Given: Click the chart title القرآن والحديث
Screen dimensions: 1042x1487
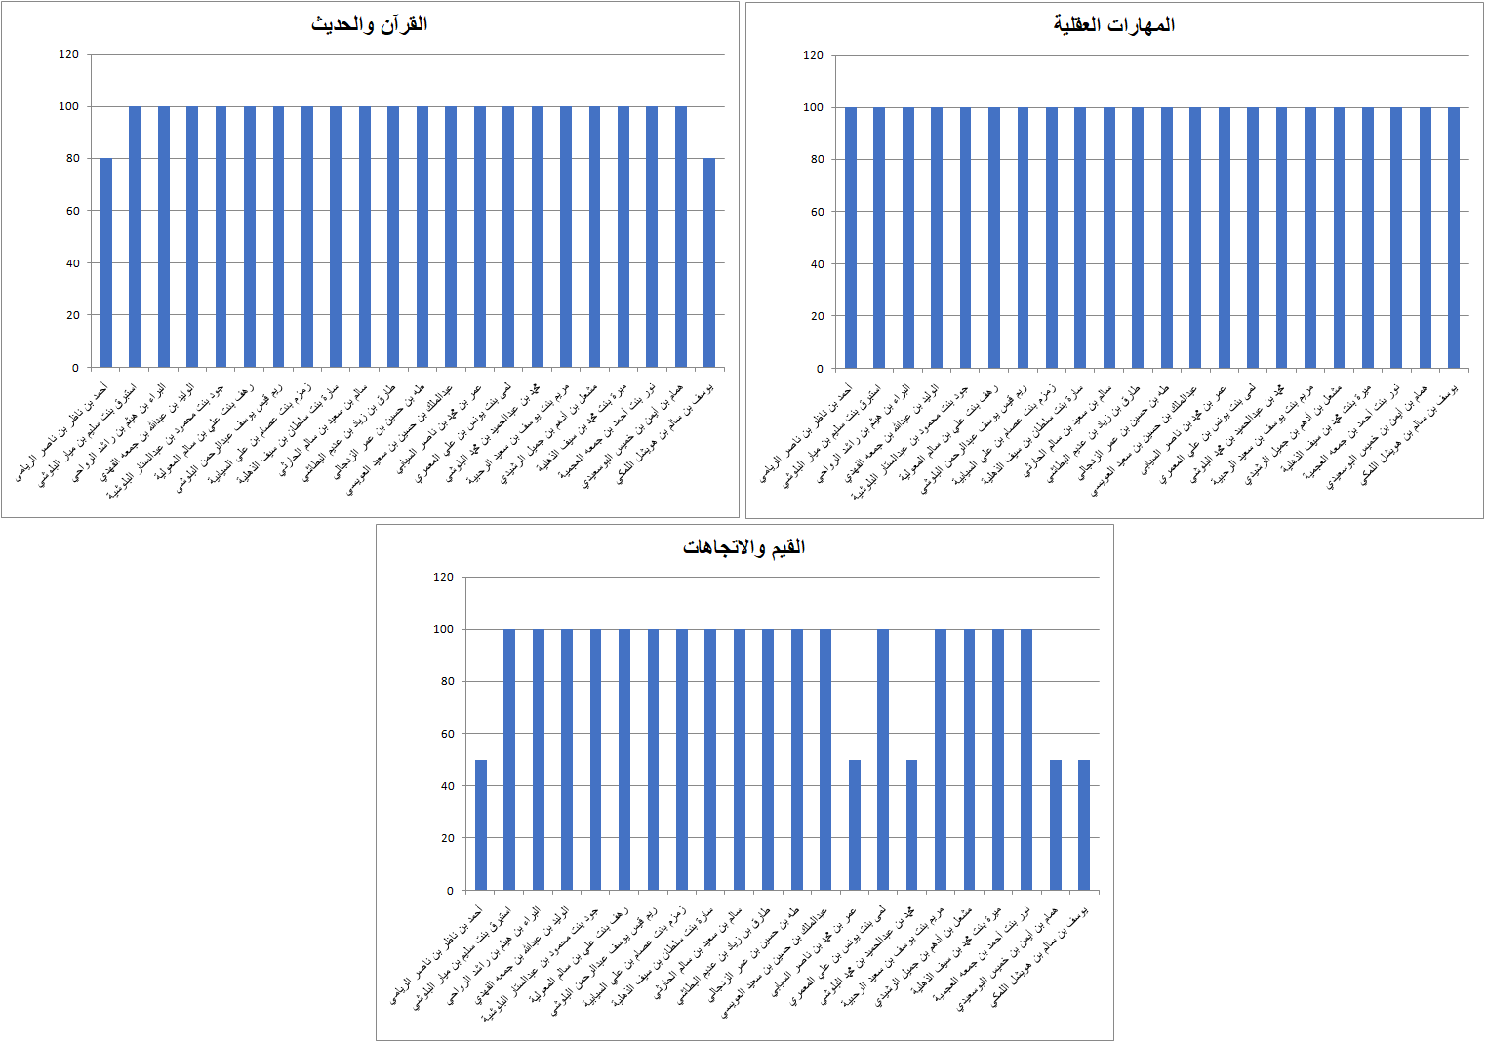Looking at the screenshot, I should click(x=369, y=24).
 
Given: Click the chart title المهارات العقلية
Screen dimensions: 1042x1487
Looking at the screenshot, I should click(x=1113, y=25).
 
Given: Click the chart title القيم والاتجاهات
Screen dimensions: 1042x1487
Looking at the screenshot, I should click(x=743, y=547).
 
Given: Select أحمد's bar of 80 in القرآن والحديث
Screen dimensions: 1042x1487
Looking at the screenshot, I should click(x=106, y=262).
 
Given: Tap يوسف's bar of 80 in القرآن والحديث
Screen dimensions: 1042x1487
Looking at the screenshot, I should click(x=709, y=262).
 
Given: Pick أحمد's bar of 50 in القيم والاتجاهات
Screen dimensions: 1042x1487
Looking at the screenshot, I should click(x=481, y=824).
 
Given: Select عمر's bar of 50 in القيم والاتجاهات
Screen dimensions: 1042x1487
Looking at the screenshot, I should click(x=855, y=824).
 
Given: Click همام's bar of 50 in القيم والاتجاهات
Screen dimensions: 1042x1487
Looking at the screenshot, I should click(x=1056, y=824).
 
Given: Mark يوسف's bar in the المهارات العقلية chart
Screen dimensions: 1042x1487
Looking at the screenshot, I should click(x=1454, y=238).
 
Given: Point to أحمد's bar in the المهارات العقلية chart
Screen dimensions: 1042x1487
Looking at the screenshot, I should click(x=851, y=238).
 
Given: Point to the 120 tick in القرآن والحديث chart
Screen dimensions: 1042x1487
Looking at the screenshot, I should click(x=68, y=54).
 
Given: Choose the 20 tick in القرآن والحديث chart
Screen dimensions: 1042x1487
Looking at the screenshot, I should click(x=72, y=315).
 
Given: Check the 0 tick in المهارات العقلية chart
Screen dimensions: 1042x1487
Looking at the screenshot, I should click(x=820, y=369).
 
